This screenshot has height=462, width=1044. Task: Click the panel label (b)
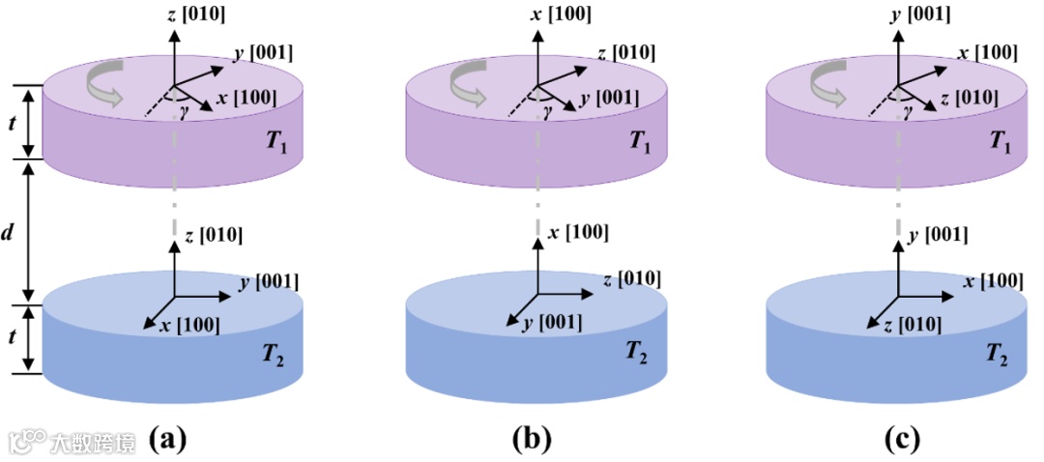[531, 440]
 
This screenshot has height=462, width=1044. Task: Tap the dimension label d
[9, 233]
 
